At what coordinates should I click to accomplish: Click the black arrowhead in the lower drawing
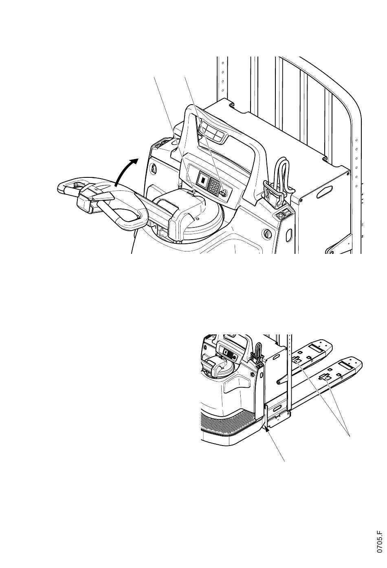pos(267,428)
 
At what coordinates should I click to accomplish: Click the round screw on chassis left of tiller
pos(154,168)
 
